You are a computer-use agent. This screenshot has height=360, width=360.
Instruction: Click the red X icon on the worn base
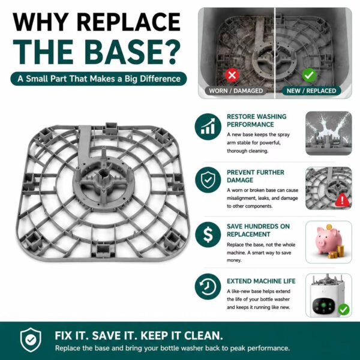click(x=232, y=75)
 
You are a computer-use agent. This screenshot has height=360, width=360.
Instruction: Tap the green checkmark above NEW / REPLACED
click(x=309, y=75)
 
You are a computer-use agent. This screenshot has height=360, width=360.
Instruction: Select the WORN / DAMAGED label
click(x=236, y=91)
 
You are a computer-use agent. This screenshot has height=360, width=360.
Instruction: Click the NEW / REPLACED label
click(x=311, y=91)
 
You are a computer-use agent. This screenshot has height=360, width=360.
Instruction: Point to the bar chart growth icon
click(x=208, y=127)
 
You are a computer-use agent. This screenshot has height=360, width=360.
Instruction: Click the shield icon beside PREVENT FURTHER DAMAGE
click(x=208, y=180)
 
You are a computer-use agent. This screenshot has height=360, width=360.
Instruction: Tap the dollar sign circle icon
click(x=208, y=235)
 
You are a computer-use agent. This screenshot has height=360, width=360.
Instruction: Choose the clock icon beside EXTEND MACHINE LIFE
click(x=208, y=287)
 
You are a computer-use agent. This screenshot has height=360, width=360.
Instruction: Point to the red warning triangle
click(x=343, y=200)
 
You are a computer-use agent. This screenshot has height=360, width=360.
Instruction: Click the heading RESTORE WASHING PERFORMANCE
click(x=256, y=121)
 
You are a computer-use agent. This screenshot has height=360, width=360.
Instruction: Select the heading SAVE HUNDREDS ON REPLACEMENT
click(x=258, y=230)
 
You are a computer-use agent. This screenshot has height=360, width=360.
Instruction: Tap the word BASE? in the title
click(x=132, y=52)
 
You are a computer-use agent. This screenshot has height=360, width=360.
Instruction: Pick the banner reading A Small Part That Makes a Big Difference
click(x=99, y=79)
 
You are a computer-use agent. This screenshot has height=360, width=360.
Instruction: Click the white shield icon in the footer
click(x=31, y=340)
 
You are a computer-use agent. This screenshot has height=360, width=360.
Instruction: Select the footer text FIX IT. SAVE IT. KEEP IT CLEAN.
click(x=139, y=335)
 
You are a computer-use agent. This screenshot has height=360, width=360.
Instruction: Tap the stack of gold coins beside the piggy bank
click(x=336, y=252)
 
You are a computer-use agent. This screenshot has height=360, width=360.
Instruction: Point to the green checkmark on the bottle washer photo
click(x=343, y=310)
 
